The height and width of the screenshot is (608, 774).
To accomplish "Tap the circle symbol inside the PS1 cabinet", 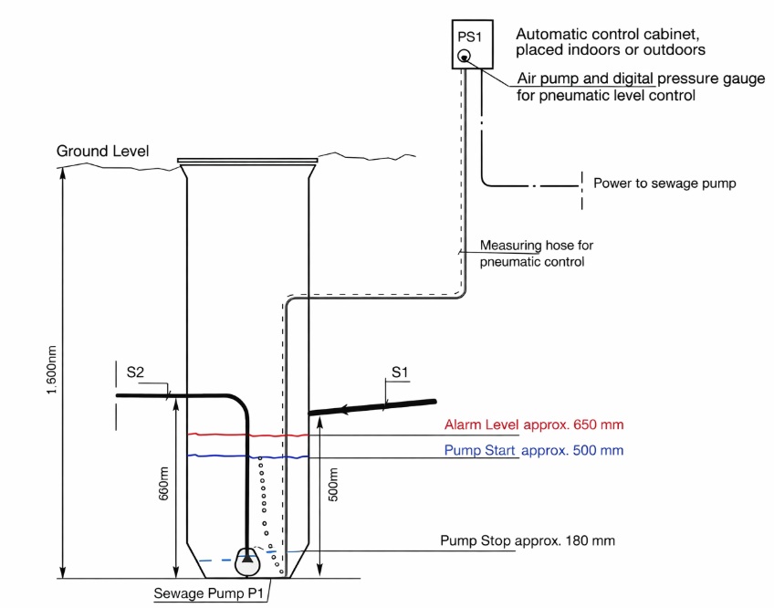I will [x=465, y=58].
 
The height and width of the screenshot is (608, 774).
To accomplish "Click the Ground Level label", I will [x=102, y=151].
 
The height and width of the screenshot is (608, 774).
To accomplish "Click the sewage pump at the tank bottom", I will [x=248, y=561].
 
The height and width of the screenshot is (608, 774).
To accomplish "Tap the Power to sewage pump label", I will [x=664, y=183].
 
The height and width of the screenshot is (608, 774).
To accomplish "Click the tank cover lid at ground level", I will [x=247, y=161].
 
